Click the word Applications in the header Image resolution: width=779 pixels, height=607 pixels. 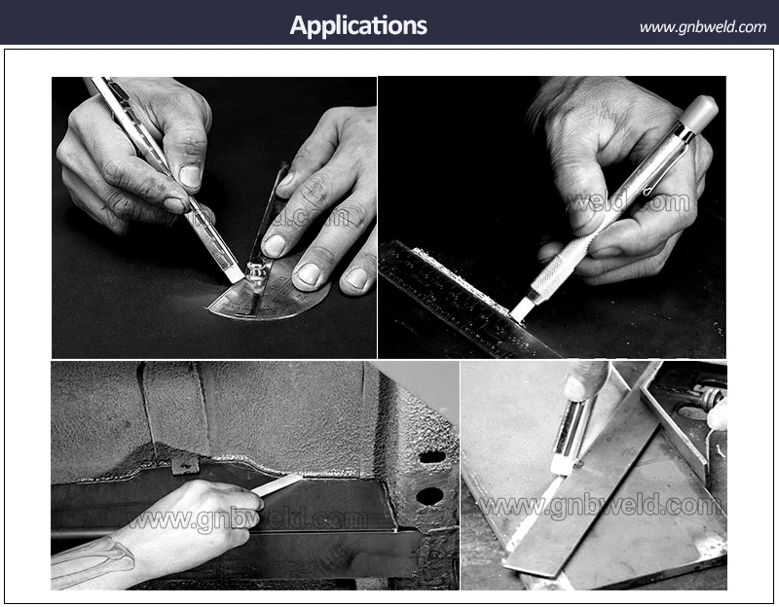tap(358, 25)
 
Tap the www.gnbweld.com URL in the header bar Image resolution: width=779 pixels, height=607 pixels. tap(702, 27)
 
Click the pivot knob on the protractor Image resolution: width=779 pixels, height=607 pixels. tap(255, 273)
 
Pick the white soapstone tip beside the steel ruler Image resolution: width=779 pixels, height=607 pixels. tap(522, 308)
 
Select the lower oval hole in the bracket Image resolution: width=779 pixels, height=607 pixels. tap(429, 495)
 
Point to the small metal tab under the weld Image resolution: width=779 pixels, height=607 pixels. tap(185, 465)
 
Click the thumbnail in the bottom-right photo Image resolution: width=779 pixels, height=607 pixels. tap(576, 387)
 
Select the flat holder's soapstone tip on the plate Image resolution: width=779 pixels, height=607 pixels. tap(559, 467)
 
